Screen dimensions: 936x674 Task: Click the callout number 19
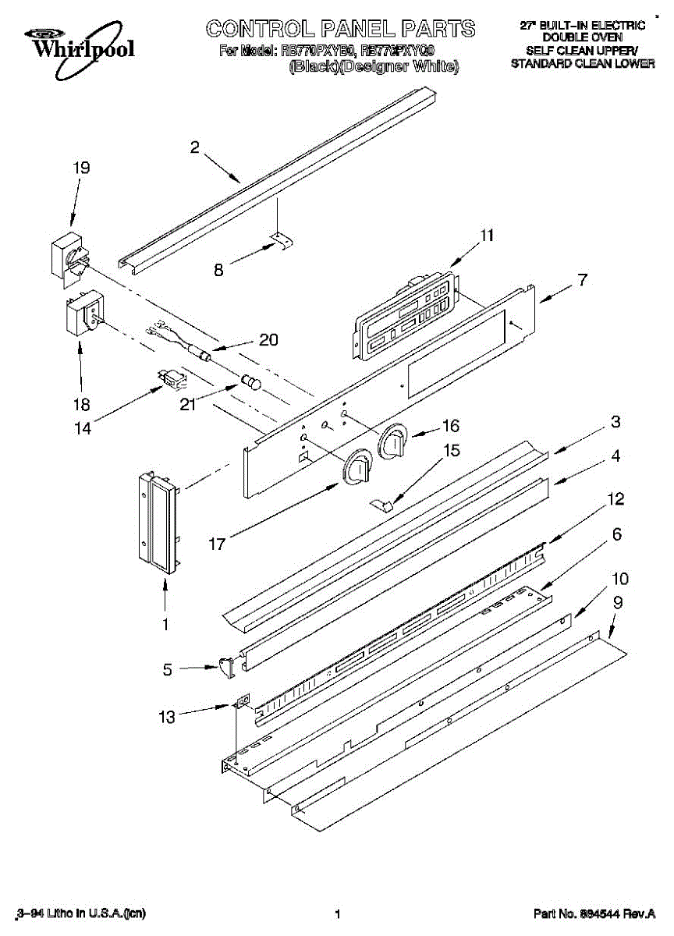[81, 168]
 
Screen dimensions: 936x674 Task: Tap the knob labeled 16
[392, 442]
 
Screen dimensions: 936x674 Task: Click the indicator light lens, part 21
[252, 383]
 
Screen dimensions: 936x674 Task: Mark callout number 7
[583, 279]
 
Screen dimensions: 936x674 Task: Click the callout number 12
[615, 498]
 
